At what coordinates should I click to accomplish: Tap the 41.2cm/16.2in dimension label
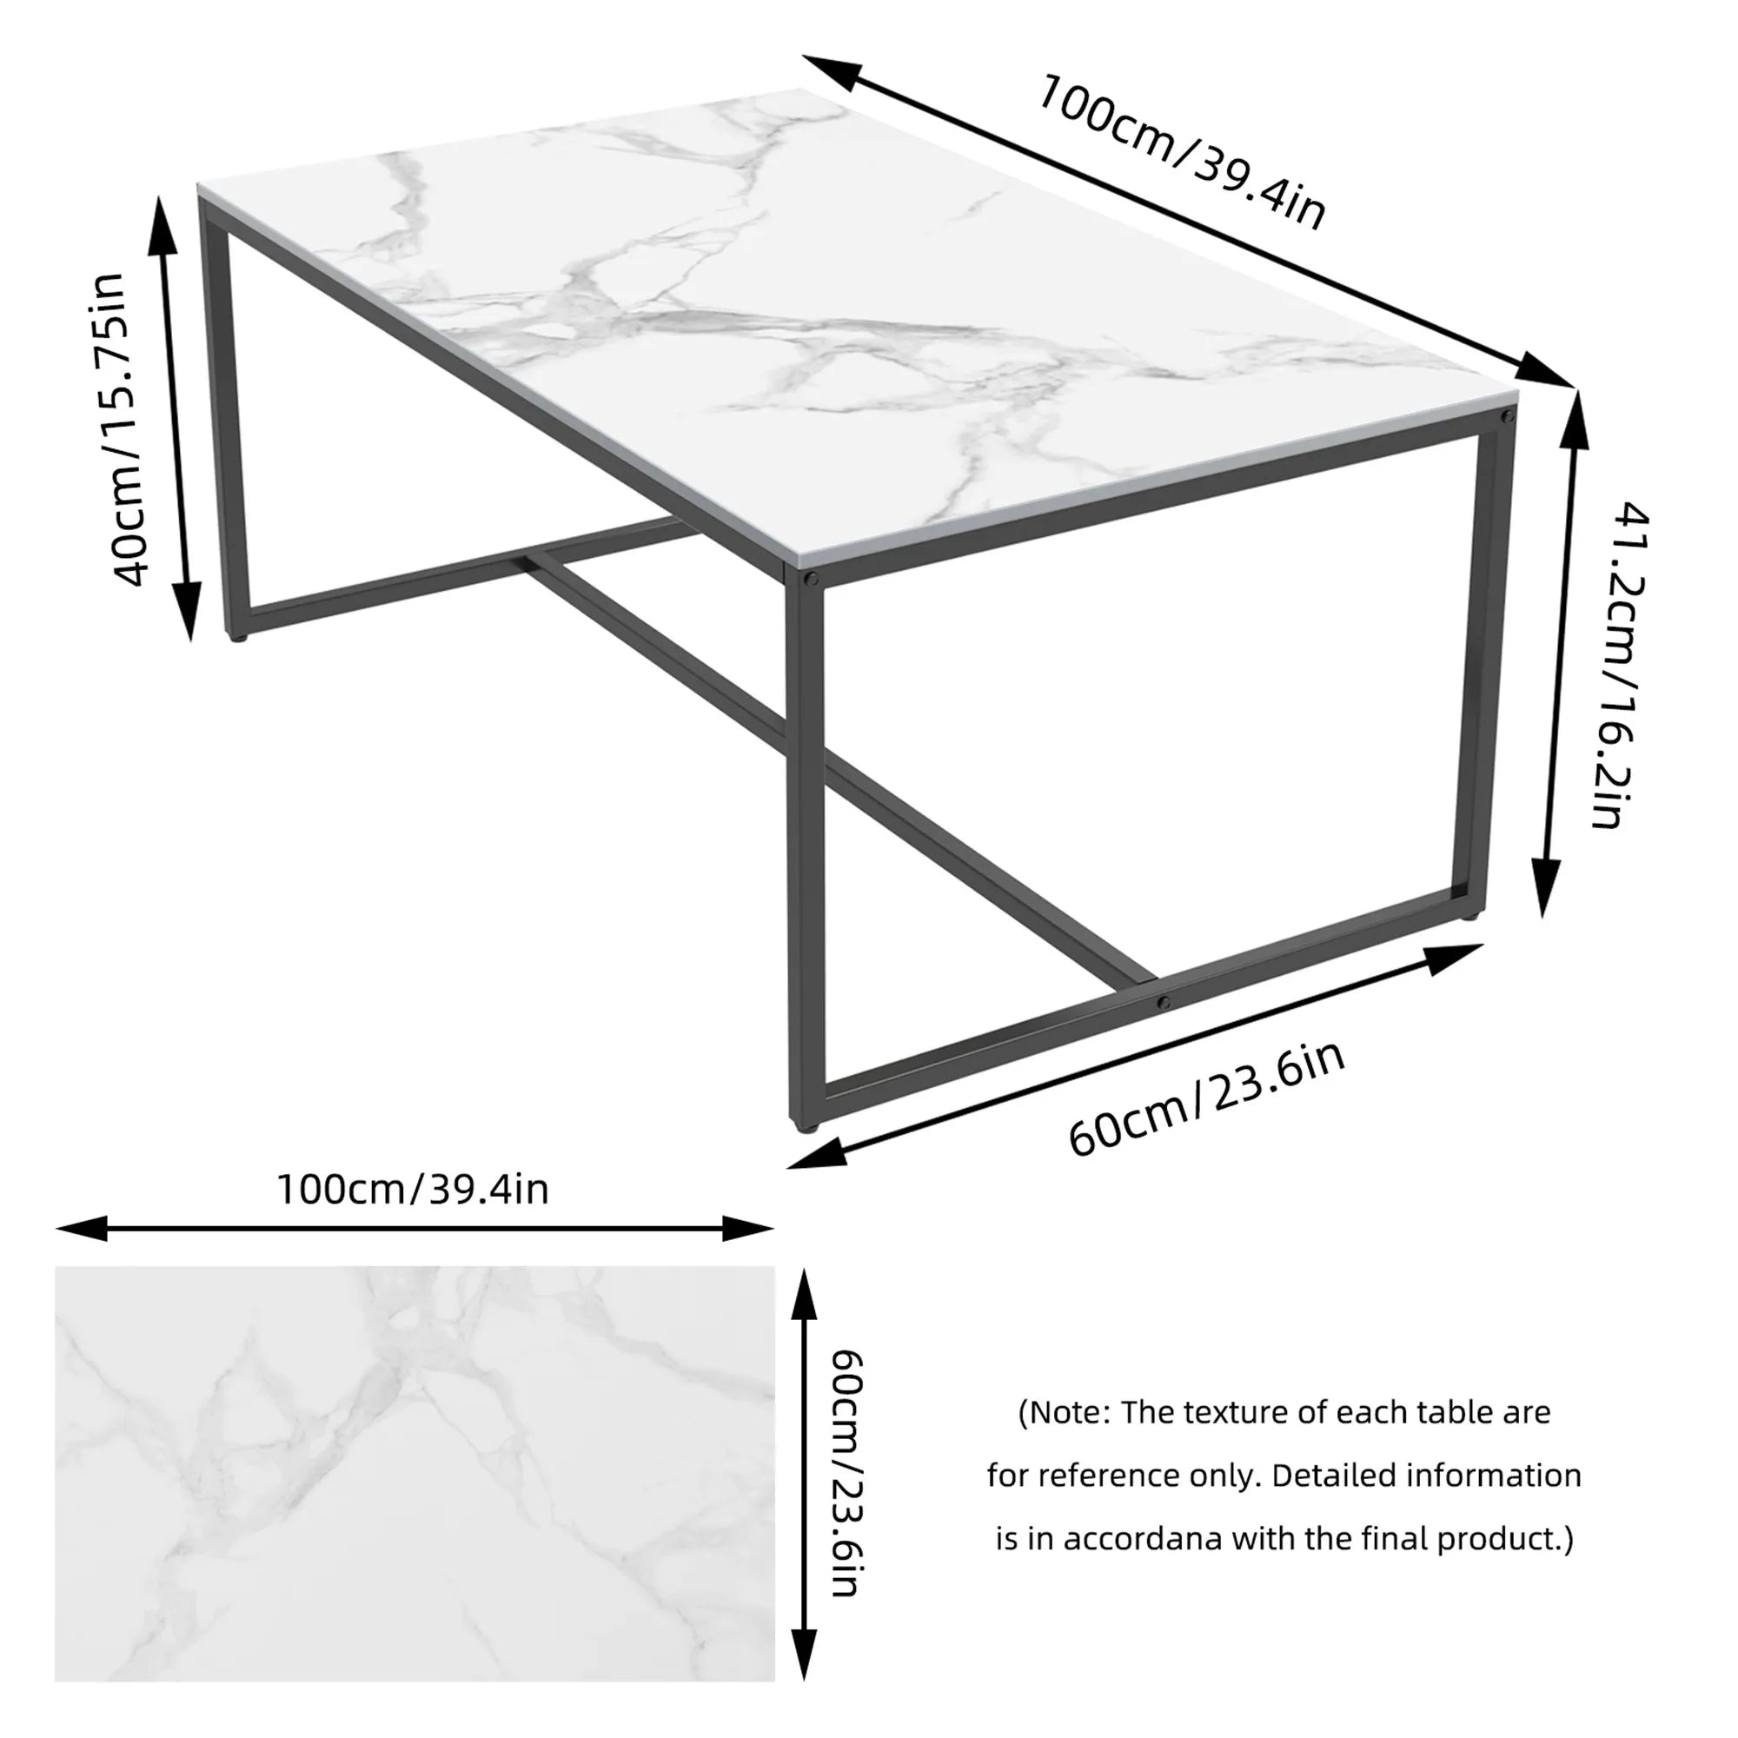click(x=1620, y=665)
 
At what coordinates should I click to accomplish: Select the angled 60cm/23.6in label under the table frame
click(x=1205, y=1099)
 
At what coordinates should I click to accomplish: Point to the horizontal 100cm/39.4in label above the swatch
click(x=412, y=1191)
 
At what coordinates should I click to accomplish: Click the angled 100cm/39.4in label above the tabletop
click(x=1181, y=152)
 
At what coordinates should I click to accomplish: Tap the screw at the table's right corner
click(x=1505, y=416)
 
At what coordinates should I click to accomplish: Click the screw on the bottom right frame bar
click(x=1164, y=1002)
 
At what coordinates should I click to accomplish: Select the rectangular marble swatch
click(x=415, y=1475)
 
